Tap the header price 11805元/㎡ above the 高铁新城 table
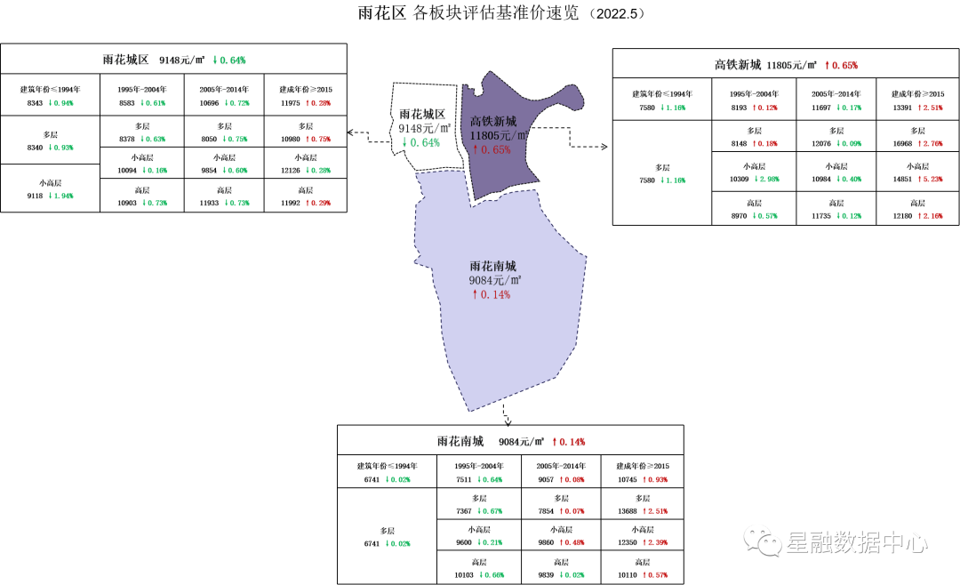pyautogui.click(x=791, y=65)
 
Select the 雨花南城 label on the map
pyautogui.click(x=492, y=266)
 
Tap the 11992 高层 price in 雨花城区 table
pyautogui.click(x=291, y=203)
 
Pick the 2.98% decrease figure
pyautogui.click(x=768, y=179)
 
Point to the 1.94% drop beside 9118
pyautogui.click(x=60, y=196)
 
